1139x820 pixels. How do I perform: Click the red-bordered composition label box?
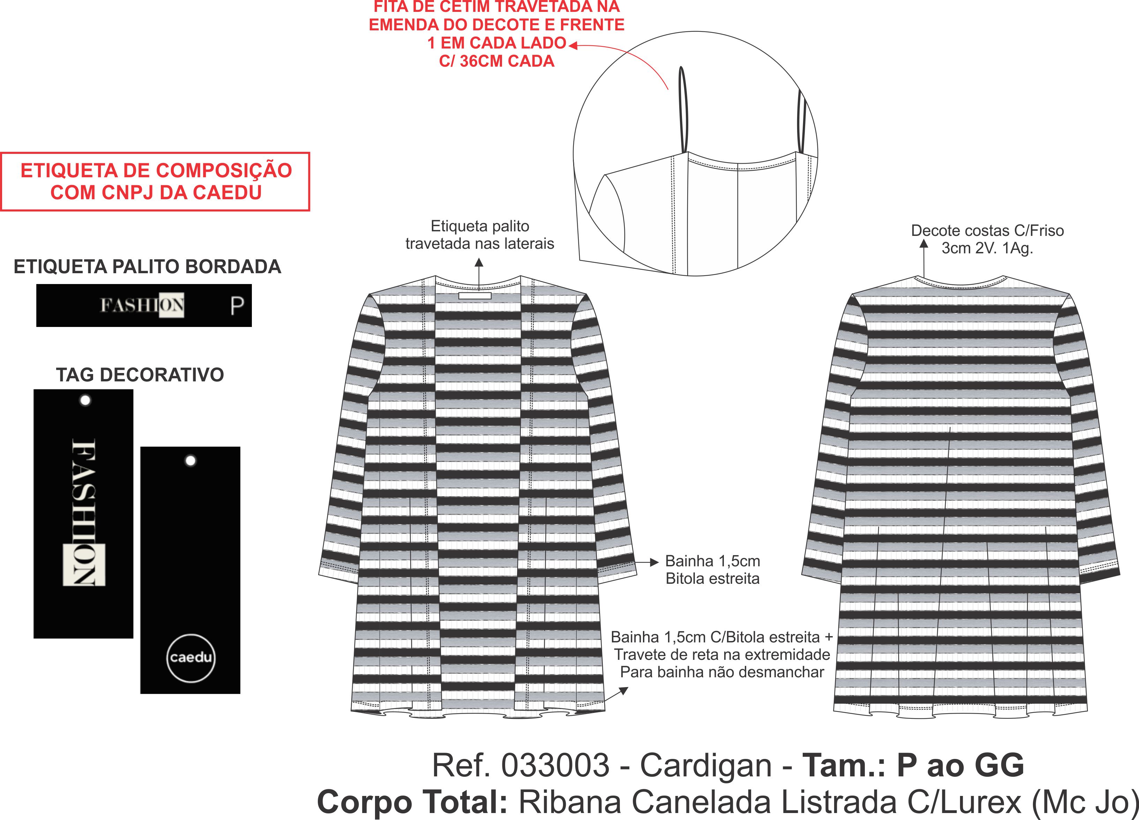point(155,181)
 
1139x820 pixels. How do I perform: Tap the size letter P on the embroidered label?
point(237,305)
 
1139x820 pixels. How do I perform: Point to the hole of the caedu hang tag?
point(190,460)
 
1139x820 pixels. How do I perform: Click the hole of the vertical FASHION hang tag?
point(85,401)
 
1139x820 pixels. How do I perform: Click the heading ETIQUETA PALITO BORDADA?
point(147,267)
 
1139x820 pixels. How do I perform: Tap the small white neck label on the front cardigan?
point(474,296)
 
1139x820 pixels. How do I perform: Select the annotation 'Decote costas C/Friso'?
point(987,231)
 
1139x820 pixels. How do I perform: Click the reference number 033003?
point(555,765)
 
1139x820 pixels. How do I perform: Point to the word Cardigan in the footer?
point(706,765)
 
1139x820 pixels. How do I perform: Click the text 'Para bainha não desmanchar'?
point(722,672)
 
